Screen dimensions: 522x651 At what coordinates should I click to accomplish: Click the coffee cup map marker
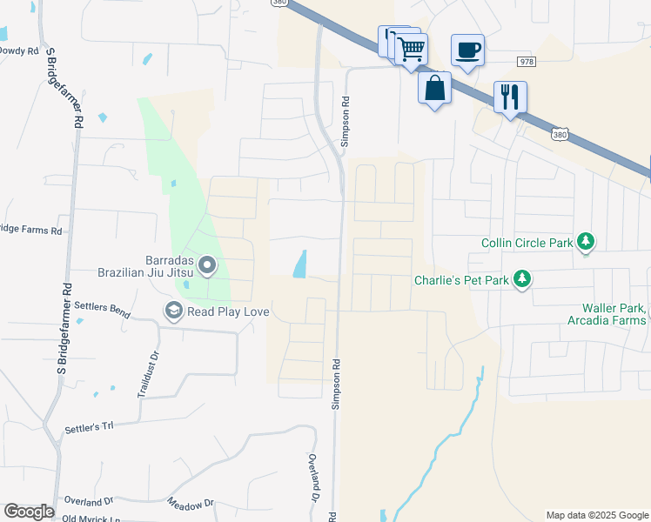pyautogui.click(x=467, y=50)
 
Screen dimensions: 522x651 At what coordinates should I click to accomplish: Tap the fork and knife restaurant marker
pyautogui.click(x=510, y=95)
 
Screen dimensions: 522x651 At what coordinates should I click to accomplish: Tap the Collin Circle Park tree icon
pyautogui.click(x=587, y=242)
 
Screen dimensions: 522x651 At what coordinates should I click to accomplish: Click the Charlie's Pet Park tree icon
pyautogui.click(x=522, y=279)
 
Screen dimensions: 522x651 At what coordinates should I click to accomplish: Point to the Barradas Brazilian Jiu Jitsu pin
pyautogui.click(x=207, y=264)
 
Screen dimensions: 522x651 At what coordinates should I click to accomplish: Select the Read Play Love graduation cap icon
pyautogui.click(x=173, y=311)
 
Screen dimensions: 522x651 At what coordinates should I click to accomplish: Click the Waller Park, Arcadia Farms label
pyautogui.click(x=614, y=314)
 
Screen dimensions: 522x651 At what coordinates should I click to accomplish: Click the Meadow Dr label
pyautogui.click(x=191, y=504)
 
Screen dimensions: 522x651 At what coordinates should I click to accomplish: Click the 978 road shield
pyautogui.click(x=526, y=62)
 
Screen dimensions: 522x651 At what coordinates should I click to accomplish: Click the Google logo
pyautogui.click(x=29, y=512)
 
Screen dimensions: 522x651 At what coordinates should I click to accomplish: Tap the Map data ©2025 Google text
pyautogui.click(x=596, y=515)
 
